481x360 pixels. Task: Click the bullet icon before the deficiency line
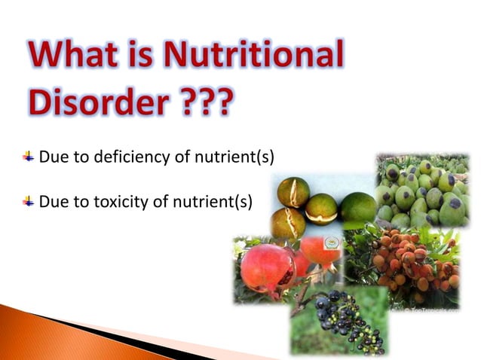pyautogui.click(x=29, y=157)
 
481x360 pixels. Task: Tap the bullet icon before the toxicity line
pyautogui.click(x=29, y=201)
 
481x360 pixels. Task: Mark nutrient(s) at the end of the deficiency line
pyautogui.click(x=236, y=157)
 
